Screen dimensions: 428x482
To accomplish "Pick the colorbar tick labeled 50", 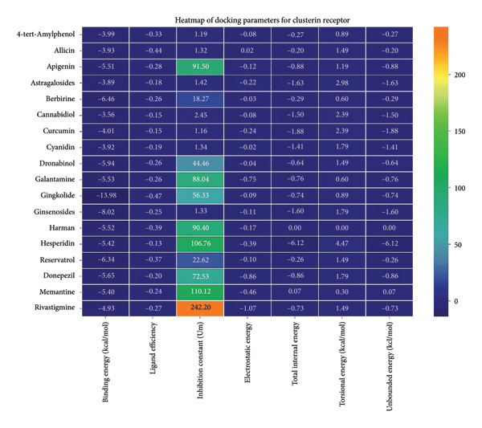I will coord(459,244).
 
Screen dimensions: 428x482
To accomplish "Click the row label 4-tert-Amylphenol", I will coord(47,35).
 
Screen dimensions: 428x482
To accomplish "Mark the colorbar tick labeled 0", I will coord(456,300).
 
